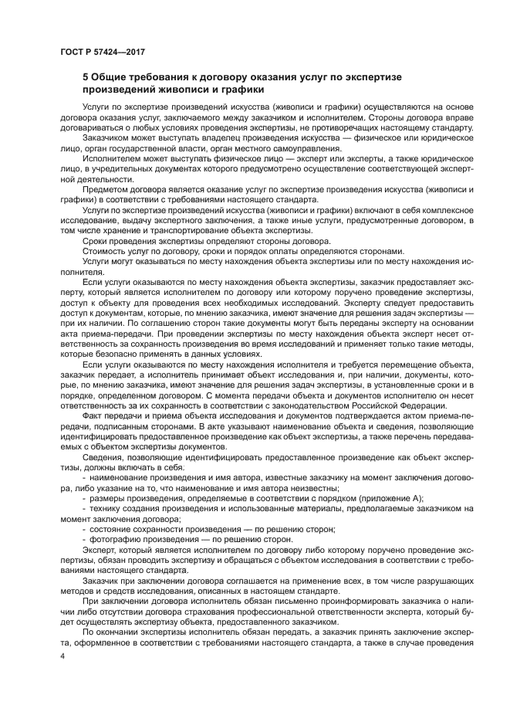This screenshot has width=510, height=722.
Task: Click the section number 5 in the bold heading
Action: click(86, 77)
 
